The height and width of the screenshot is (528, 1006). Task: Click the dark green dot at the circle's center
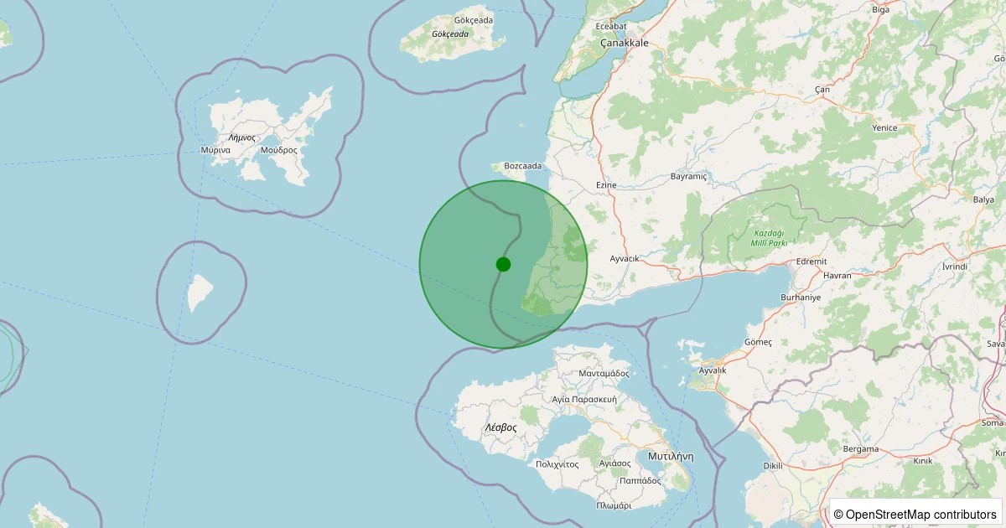[503, 264]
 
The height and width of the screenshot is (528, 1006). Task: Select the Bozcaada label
[522, 166]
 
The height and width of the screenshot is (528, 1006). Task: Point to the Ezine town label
[605, 184]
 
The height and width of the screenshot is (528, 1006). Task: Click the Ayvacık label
[625, 258]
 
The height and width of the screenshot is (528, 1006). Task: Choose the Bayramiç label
[690, 177]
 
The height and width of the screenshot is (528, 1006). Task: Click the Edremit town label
[812, 261]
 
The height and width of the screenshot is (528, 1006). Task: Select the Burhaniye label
[800, 298]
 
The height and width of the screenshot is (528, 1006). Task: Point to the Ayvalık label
[713, 370]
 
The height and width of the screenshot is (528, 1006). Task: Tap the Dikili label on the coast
[772, 465]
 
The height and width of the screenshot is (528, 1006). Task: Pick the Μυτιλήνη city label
[671, 457]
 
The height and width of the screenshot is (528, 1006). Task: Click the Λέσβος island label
[500, 427]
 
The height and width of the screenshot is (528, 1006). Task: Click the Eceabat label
[611, 26]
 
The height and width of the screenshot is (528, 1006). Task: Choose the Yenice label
[884, 128]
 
